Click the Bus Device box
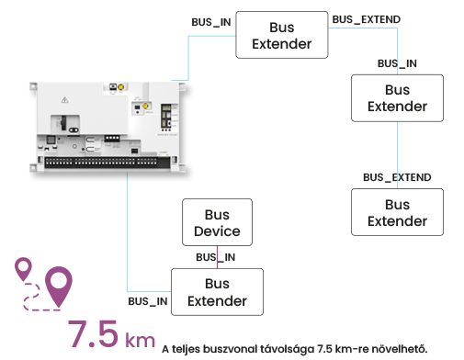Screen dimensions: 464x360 click(217, 222)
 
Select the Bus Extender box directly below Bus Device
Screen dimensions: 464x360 click(217, 292)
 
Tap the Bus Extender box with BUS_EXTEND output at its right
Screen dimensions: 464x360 click(282, 35)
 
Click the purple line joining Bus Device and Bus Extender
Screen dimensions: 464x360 click(218, 257)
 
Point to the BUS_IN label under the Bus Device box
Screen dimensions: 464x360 click(216, 257)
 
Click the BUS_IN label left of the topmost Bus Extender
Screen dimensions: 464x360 click(211, 22)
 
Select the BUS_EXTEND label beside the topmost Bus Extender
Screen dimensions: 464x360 click(367, 19)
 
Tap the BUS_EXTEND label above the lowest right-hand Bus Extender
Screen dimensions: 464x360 click(397, 177)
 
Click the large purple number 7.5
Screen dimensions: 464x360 click(93, 333)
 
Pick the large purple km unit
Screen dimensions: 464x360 click(141, 339)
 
